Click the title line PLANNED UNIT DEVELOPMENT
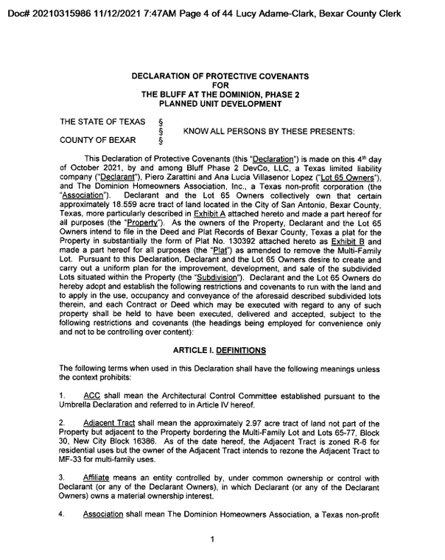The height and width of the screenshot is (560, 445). click(220, 105)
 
